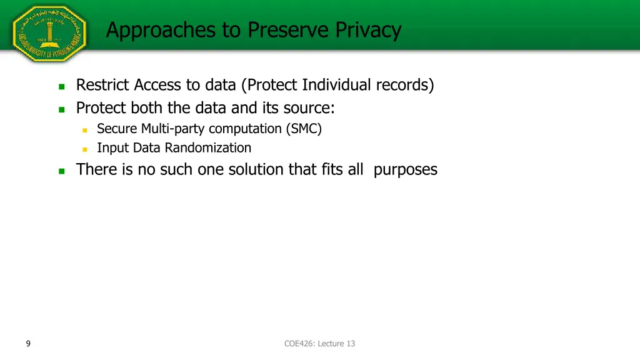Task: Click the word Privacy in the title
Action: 368,29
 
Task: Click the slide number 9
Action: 29,343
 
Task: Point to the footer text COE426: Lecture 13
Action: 319,343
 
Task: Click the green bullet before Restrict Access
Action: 61,86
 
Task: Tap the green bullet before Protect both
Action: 61,109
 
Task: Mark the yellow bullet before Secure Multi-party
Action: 85,130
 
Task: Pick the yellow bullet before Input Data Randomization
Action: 85,149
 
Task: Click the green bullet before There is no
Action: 61,171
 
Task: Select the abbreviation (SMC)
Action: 304,129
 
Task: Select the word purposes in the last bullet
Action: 405,169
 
